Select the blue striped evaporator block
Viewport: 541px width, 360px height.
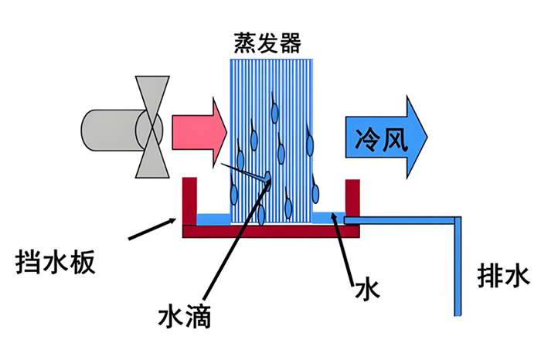[x=273, y=124]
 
